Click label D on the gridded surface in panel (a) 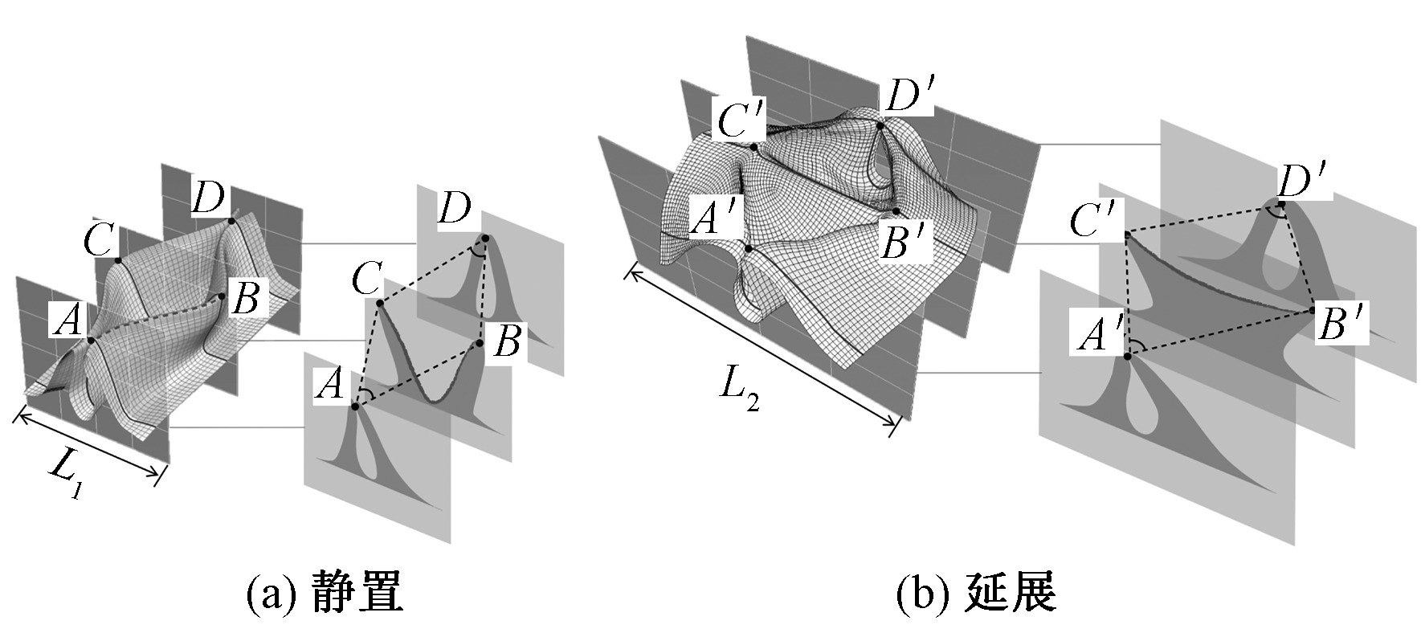[x=208, y=198]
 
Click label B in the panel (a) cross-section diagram [x=507, y=342]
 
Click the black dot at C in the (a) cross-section [x=378, y=303]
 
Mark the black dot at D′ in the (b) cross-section [x=1280, y=205]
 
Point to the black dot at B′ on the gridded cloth [x=896, y=211]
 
